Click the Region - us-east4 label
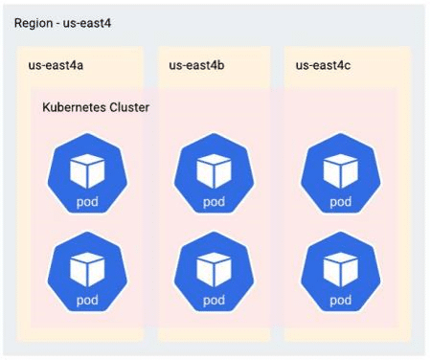(62, 24)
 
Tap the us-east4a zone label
(56, 65)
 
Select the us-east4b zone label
(196, 65)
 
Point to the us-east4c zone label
(323, 65)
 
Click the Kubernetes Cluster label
(96, 107)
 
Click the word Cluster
(129, 107)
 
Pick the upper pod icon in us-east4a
(87, 173)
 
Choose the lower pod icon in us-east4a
(87, 272)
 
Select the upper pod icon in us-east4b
(214, 173)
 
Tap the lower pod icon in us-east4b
(214, 272)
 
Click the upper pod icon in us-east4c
(341, 173)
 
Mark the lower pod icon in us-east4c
(341, 272)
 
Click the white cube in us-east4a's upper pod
(87, 171)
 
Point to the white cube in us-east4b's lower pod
(214, 270)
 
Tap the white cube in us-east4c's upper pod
(341, 171)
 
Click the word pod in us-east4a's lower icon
(87, 301)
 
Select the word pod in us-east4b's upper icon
(214, 202)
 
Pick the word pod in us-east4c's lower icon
(341, 301)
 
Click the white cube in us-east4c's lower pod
(341, 270)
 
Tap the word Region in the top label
(34, 24)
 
